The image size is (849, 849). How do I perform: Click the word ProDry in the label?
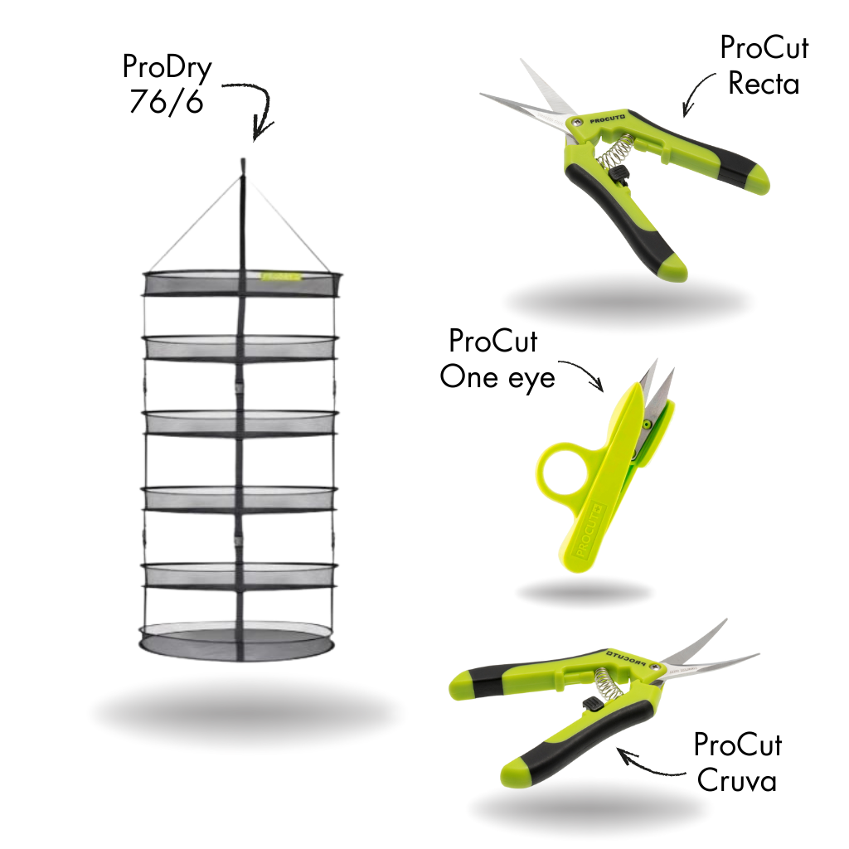[167, 68]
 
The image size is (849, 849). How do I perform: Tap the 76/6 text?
[166, 100]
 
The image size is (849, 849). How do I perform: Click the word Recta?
[764, 84]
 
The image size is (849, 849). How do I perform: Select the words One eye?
[497, 377]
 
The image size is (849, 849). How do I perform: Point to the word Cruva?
[736, 781]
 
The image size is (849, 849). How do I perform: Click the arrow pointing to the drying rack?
[263, 103]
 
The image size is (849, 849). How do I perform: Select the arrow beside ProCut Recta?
[696, 93]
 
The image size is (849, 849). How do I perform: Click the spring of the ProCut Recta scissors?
[616, 152]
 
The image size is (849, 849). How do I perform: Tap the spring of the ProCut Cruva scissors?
[609, 684]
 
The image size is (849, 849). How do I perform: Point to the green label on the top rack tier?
[280, 276]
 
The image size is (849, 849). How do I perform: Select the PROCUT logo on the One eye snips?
[588, 531]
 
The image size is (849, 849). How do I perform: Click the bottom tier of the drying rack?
[236, 642]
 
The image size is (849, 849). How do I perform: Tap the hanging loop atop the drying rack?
[243, 165]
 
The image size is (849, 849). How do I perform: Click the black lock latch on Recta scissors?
[619, 174]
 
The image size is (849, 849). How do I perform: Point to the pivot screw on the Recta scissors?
[578, 122]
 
